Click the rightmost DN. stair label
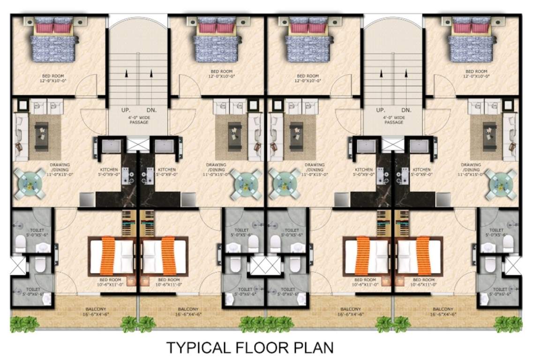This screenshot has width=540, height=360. click(x=406, y=110)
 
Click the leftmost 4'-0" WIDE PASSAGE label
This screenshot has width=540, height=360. click(x=139, y=120)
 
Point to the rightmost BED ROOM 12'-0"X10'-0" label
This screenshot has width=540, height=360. click(x=476, y=74)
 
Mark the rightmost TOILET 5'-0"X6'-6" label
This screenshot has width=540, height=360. click(x=500, y=292)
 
